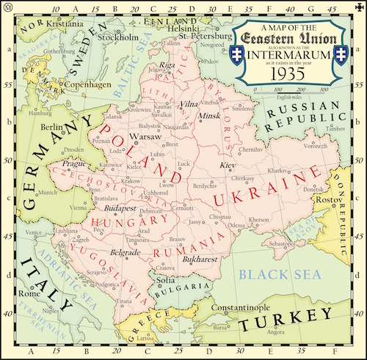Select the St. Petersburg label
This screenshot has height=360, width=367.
tap(208, 34)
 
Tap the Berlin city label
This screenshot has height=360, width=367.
tap(54, 128)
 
